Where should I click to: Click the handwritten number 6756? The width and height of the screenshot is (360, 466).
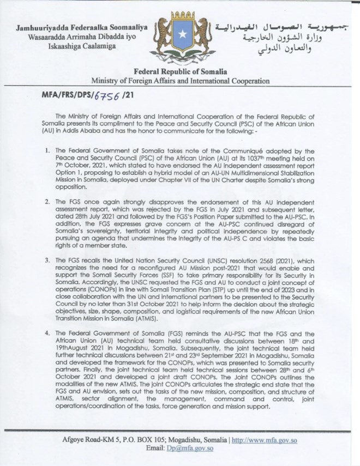107,95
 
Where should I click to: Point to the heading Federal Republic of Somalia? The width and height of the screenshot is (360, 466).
180,71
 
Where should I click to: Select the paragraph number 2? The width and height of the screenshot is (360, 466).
48,202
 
